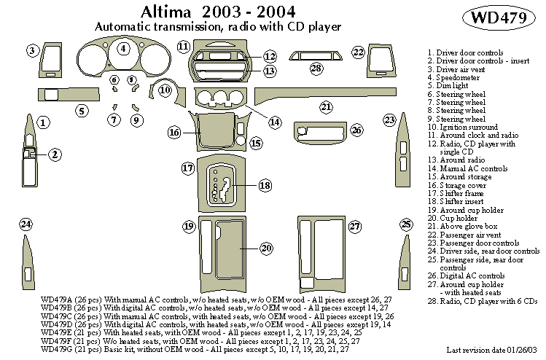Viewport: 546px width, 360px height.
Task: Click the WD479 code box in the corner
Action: point(504,18)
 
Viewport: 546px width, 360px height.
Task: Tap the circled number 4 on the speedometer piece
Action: point(124,49)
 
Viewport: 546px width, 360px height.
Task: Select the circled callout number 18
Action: point(265,186)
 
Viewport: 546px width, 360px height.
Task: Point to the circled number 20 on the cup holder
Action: point(267,249)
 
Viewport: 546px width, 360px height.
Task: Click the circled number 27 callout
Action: point(355,227)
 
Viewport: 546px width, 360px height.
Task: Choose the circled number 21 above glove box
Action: point(326,107)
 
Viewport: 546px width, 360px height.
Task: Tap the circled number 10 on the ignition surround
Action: point(165,90)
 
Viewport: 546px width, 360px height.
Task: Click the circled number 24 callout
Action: point(26,224)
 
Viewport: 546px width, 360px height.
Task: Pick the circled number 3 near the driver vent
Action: point(33,50)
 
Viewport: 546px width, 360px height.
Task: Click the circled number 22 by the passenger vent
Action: point(358,52)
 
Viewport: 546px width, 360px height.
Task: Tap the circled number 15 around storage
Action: point(256,144)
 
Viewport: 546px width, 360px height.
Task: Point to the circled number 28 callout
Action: point(316,69)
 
